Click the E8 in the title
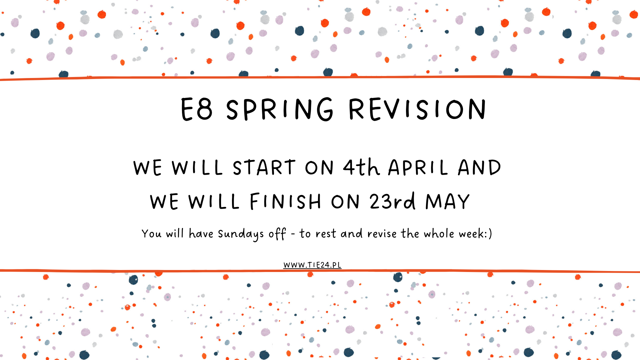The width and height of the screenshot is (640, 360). (196, 109)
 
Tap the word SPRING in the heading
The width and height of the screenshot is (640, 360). (280, 109)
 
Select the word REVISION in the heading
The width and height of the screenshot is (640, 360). (417, 109)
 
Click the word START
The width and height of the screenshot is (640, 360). (264, 167)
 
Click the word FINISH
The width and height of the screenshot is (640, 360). (286, 201)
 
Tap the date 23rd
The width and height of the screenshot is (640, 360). (393, 201)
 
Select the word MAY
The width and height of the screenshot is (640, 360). (447, 201)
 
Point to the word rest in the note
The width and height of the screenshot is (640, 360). (326, 234)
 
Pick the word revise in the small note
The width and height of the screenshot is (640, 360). (382, 234)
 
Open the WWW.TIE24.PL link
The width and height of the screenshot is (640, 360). (312, 265)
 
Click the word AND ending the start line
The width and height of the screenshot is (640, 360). (479, 167)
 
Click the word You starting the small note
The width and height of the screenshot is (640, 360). (151, 234)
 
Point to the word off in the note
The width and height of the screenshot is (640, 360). (277, 234)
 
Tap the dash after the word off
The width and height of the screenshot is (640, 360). (293, 234)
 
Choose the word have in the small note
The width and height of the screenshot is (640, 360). (201, 233)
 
